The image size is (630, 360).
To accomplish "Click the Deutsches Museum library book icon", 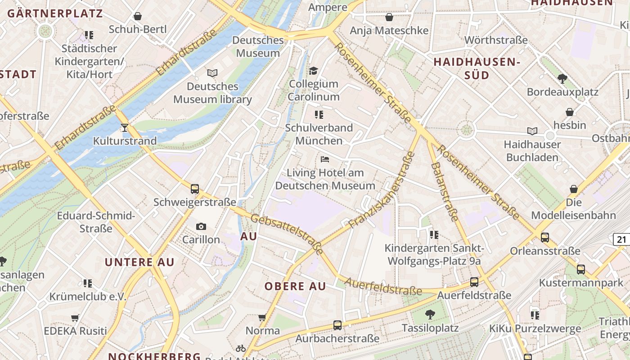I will (x=212, y=73).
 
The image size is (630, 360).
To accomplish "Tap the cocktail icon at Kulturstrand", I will (x=125, y=128).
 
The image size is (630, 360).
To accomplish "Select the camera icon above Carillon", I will (x=201, y=226).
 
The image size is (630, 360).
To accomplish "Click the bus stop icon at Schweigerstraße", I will (x=195, y=189).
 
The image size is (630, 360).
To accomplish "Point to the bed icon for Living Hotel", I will (x=325, y=159).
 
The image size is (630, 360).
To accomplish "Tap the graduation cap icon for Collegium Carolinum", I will (x=313, y=71).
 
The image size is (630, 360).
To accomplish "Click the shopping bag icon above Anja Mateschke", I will (x=389, y=17).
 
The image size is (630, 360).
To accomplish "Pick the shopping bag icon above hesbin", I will (x=570, y=112).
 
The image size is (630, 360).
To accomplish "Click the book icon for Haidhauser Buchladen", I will (x=532, y=131).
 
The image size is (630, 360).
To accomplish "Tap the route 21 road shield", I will (x=621, y=239).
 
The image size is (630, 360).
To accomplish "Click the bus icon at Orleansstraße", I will (x=545, y=238).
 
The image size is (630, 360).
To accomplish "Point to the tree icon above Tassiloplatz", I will (x=430, y=314).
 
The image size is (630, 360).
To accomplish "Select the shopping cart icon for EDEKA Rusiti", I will (x=75, y=318).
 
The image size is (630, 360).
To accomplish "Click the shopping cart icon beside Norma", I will (x=262, y=318).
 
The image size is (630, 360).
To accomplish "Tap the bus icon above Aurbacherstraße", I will (x=337, y=325).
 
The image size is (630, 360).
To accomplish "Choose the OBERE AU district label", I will (x=295, y=287).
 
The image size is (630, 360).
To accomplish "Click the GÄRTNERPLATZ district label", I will (x=55, y=13).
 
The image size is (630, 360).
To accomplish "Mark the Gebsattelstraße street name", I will (x=287, y=234).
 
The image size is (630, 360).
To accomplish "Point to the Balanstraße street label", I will (x=445, y=191).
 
